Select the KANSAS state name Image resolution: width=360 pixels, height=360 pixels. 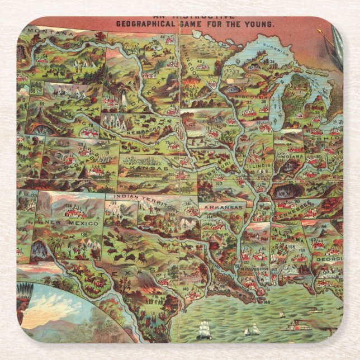[149, 168]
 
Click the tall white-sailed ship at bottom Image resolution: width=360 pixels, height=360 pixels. [204, 329]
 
